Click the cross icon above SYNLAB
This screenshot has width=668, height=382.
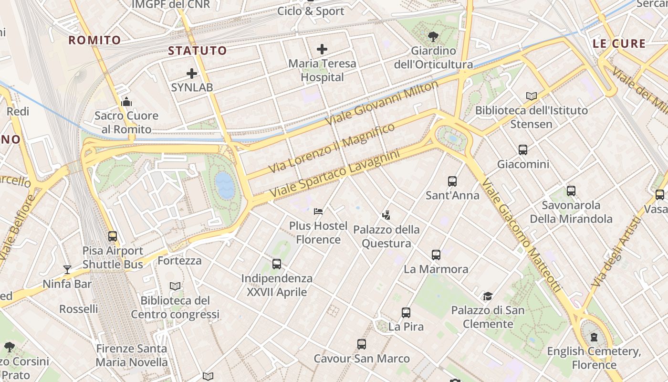192,74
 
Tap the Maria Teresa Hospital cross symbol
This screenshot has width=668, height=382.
322,49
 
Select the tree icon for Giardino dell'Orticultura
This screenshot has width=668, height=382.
433,36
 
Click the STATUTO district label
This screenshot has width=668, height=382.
198,51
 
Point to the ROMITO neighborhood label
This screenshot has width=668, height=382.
94,40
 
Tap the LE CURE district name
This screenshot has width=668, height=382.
619,44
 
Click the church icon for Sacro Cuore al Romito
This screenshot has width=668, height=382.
126,102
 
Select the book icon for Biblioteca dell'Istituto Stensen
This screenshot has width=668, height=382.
531,96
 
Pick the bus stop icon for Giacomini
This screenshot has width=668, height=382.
523,150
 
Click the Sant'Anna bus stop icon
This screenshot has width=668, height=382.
452,181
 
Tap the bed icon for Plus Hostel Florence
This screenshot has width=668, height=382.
318,211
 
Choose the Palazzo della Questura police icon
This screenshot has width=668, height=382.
386,215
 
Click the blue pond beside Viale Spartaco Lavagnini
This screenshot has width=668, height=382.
224,185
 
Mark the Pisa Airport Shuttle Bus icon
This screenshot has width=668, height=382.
113,236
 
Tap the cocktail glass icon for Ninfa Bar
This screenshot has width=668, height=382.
67,270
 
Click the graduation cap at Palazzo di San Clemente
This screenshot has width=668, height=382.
488,296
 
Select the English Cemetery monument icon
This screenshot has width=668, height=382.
594,338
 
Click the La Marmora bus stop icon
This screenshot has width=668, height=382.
436,255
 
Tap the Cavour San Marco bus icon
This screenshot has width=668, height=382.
362,344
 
